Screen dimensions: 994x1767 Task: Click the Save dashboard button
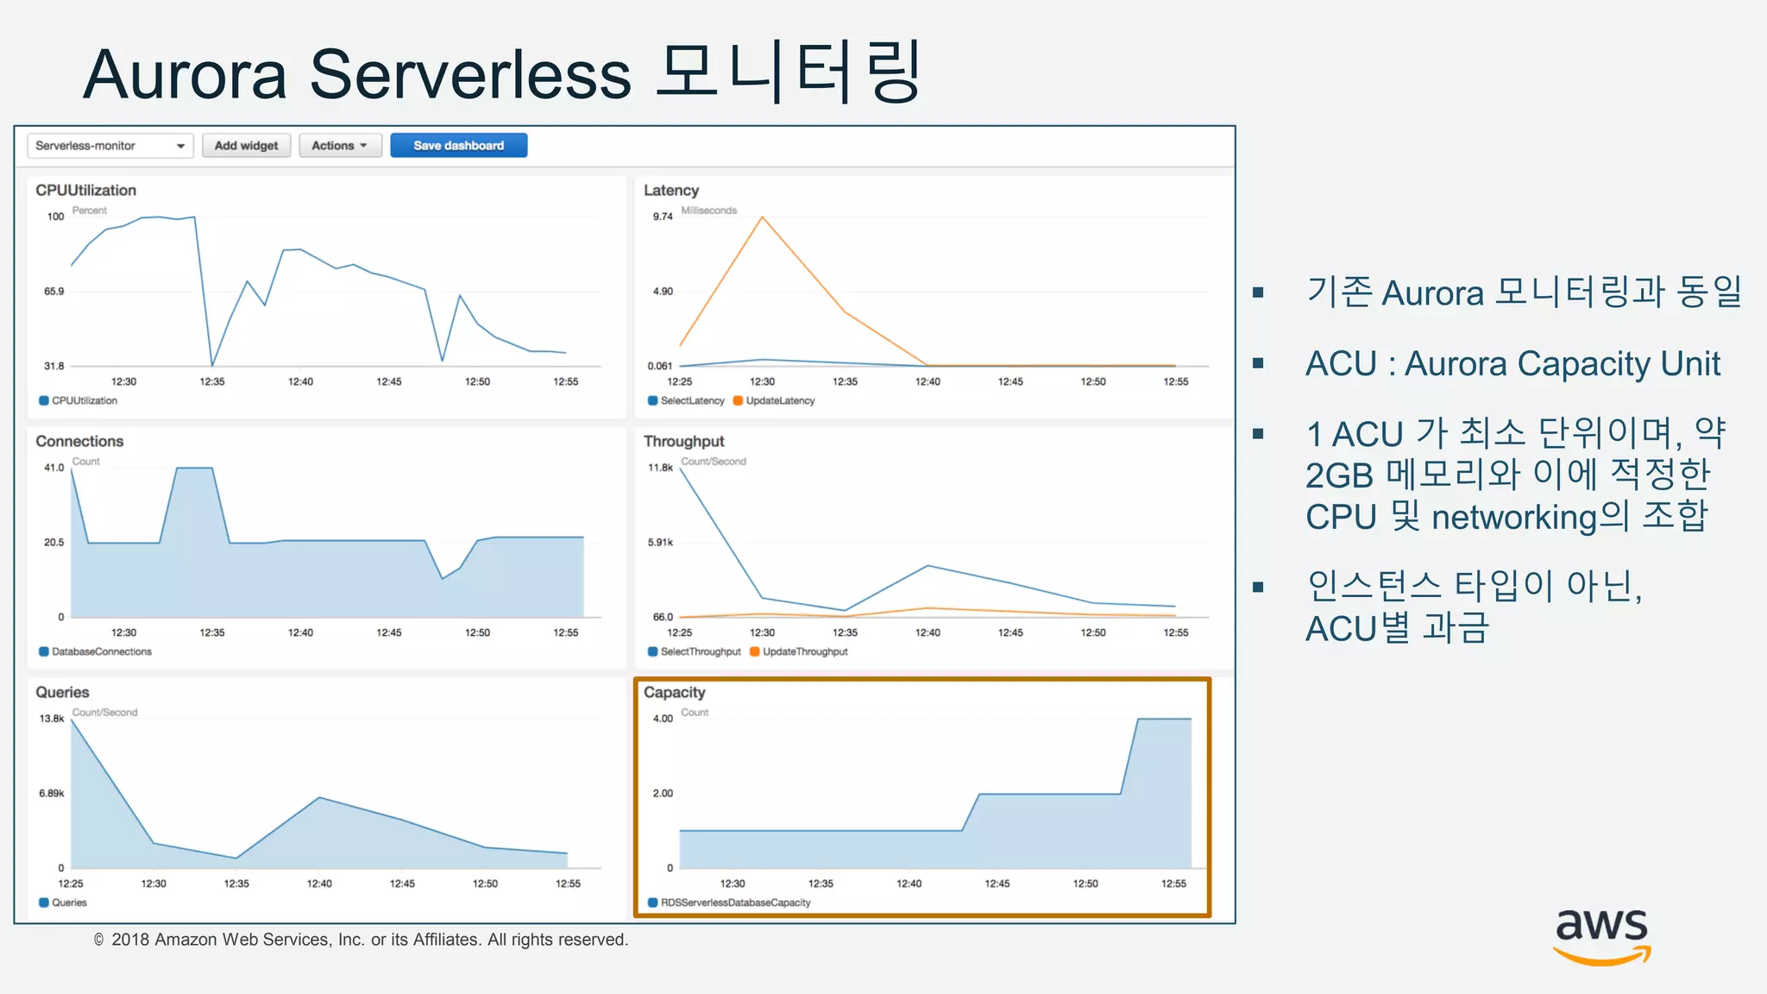click(x=458, y=146)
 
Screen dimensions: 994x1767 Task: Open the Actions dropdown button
click(x=339, y=146)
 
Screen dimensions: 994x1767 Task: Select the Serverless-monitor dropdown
click(x=110, y=146)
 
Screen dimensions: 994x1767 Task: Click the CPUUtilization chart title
click(x=85, y=190)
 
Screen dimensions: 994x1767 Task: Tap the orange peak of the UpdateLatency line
click(x=762, y=217)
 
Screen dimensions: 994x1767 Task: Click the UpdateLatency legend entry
click(x=779, y=400)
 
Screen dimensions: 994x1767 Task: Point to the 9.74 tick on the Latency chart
click(x=662, y=217)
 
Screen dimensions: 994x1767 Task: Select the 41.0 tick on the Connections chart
click(x=53, y=468)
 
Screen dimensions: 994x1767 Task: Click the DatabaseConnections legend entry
click(x=101, y=651)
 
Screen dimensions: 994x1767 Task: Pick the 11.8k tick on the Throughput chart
click(x=660, y=468)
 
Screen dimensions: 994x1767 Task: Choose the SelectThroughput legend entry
click(x=700, y=651)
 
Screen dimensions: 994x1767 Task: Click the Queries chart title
click(x=62, y=692)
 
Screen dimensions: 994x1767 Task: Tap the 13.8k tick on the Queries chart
click(x=52, y=719)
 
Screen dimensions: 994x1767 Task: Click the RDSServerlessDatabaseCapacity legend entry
click(x=735, y=903)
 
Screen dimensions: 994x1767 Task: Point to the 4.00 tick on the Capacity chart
click(x=663, y=719)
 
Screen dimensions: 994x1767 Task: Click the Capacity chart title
click(x=674, y=692)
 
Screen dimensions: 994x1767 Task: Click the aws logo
click(x=1601, y=936)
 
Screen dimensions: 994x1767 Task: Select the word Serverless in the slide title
click(x=470, y=75)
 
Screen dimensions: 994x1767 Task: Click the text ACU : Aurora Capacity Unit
click(x=1512, y=363)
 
